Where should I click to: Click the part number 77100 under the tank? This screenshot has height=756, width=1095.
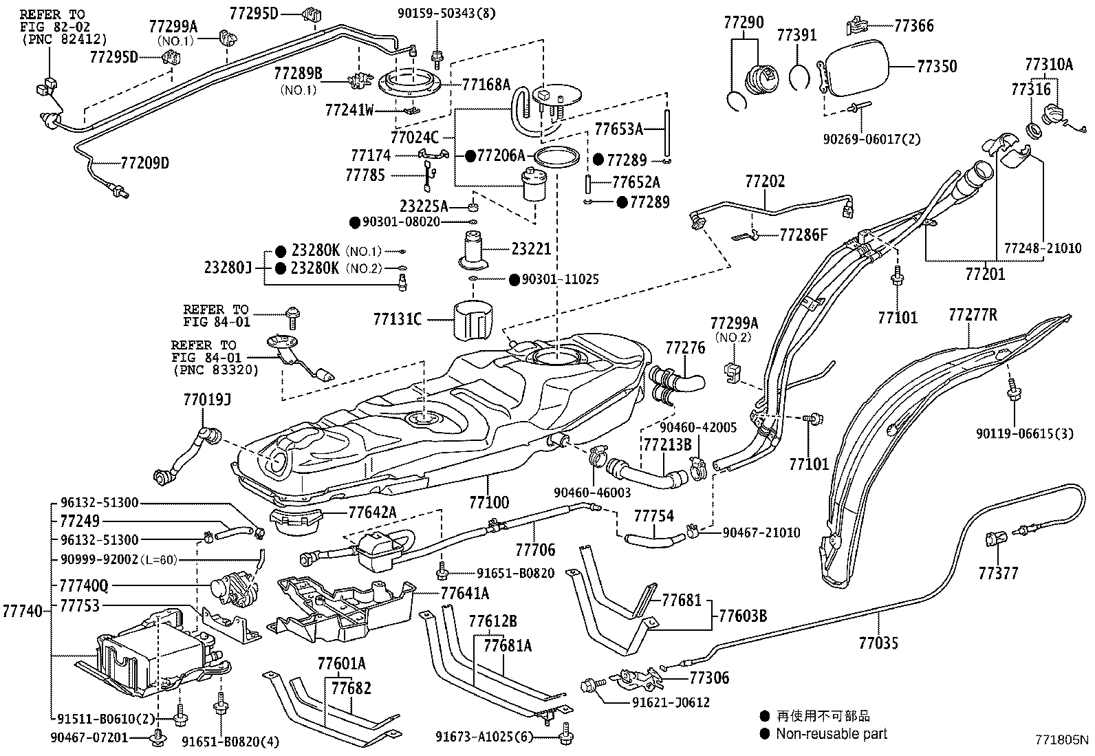(489, 501)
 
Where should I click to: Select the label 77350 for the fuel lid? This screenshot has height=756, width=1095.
(936, 67)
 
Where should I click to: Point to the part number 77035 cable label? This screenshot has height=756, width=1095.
(878, 643)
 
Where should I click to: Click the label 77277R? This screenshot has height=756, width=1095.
(972, 315)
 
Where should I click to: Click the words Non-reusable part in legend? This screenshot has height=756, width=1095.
(832, 734)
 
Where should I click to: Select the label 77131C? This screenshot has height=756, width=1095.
(397, 319)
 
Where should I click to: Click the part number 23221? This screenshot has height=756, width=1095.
(531, 248)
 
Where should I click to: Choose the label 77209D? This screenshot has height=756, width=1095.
(144, 163)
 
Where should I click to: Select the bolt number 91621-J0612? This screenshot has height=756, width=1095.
(671, 702)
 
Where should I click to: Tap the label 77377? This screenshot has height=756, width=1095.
(998, 573)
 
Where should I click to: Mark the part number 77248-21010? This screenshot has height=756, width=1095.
(1042, 248)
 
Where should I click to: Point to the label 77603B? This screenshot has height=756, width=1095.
(743, 616)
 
